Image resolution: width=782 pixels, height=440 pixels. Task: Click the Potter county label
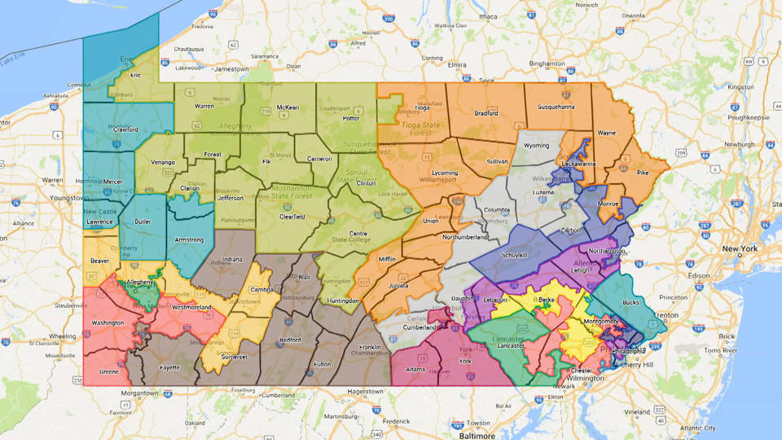(x=351, y=118)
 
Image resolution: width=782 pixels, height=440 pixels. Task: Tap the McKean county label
(x=288, y=107)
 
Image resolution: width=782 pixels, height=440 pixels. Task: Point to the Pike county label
(x=643, y=172)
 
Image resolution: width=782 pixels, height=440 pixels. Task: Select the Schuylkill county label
(x=513, y=255)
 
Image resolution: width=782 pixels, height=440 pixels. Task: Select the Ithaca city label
(x=487, y=15)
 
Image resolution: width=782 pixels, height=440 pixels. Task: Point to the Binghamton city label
(x=547, y=63)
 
